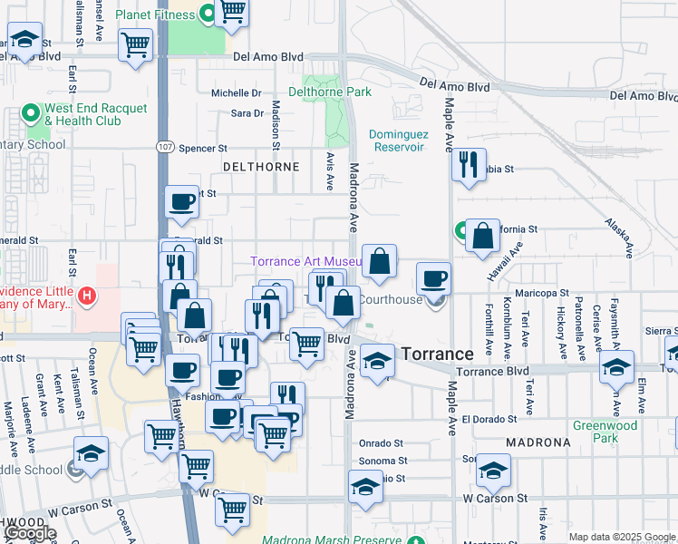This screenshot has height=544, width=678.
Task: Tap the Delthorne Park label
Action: coord(330,92)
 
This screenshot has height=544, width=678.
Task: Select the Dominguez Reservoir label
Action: coord(397,141)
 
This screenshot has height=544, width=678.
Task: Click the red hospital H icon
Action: coord(87,295)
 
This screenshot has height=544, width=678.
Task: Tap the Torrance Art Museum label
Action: coord(305,262)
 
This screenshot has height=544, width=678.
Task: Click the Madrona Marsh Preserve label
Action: coord(331,540)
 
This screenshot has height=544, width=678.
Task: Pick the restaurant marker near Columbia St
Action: coord(469,165)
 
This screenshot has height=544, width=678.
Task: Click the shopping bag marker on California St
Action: coord(485,236)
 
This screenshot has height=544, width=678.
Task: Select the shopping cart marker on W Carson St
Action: coord(233,510)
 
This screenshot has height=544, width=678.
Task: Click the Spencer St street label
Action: coord(203,149)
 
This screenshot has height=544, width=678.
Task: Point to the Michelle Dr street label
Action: coord(236,92)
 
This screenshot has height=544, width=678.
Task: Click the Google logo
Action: coord(30,533)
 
